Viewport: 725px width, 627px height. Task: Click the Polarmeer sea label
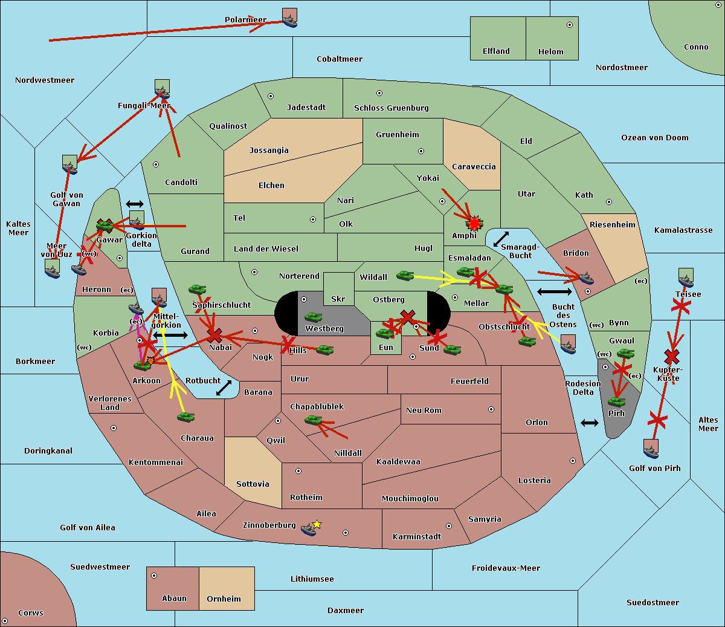coord(245,20)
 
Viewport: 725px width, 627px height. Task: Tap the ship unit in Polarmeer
coord(290,18)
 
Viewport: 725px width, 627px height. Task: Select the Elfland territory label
coord(496,51)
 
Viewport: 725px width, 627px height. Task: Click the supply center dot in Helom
coord(569,25)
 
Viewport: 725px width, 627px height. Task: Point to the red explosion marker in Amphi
coord(474,223)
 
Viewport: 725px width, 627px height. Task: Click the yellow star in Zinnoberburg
coord(317,524)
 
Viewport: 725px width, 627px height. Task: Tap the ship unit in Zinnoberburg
coord(309,530)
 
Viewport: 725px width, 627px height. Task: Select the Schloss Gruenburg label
coord(391,108)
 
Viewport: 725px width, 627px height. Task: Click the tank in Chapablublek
coord(313,420)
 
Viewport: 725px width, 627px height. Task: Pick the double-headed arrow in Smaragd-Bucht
coord(501,239)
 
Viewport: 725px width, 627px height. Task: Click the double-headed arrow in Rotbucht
coord(224,388)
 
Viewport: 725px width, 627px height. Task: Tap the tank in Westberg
coord(313,317)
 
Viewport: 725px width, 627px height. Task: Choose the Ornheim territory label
coord(224,599)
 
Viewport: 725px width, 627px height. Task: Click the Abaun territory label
coord(174,599)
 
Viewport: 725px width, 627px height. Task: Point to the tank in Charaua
coord(185,417)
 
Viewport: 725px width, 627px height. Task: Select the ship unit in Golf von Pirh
coord(651,449)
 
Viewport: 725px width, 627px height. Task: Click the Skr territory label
coord(338,299)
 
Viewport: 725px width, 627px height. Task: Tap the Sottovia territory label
coord(253,484)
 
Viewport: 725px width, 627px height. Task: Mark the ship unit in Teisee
coord(686,278)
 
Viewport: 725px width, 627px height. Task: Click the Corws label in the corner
coord(30,613)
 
